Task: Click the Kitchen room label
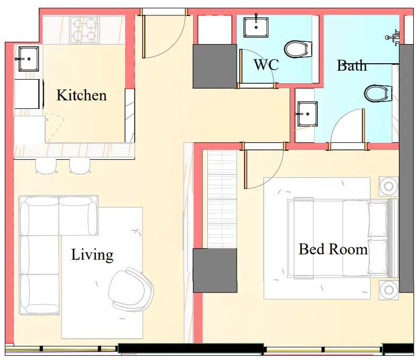tap(82, 96)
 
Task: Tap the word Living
tap(92, 255)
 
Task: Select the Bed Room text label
tap(333, 249)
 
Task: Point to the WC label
tap(266, 65)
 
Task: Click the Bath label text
tap(352, 66)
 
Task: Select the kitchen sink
tap(28, 58)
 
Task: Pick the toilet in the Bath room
tap(378, 94)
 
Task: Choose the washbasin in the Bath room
tap(307, 114)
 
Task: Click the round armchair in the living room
tap(130, 292)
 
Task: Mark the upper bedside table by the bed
tap(389, 186)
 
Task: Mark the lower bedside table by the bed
tap(389, 290)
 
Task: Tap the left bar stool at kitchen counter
tap(46, 166)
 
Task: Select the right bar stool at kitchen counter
tap(80, 166)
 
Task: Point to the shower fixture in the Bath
tap(393, 37)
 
